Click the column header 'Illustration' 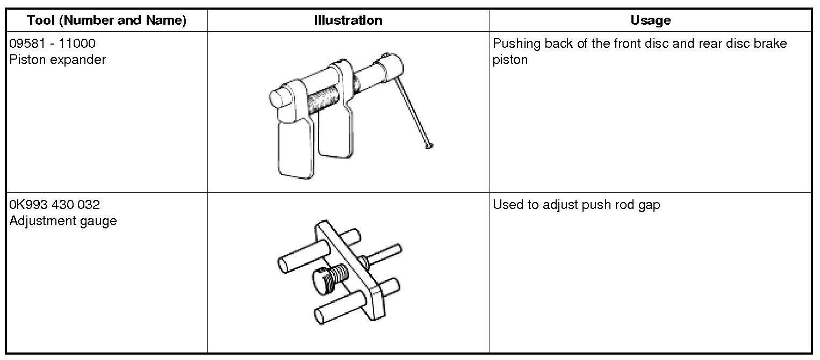[348, 20]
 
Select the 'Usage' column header [650, 20]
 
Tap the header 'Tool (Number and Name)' [106, 20]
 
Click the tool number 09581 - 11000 [53, 44]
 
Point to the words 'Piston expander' [57, 60]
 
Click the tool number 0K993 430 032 [55, 205]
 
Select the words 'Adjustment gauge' [63, 221]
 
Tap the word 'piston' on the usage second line [510, 60]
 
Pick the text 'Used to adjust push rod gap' [576, 205]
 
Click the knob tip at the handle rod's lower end [429, 145]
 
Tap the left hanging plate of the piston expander [296, 148]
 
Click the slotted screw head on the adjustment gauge [321, 280]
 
